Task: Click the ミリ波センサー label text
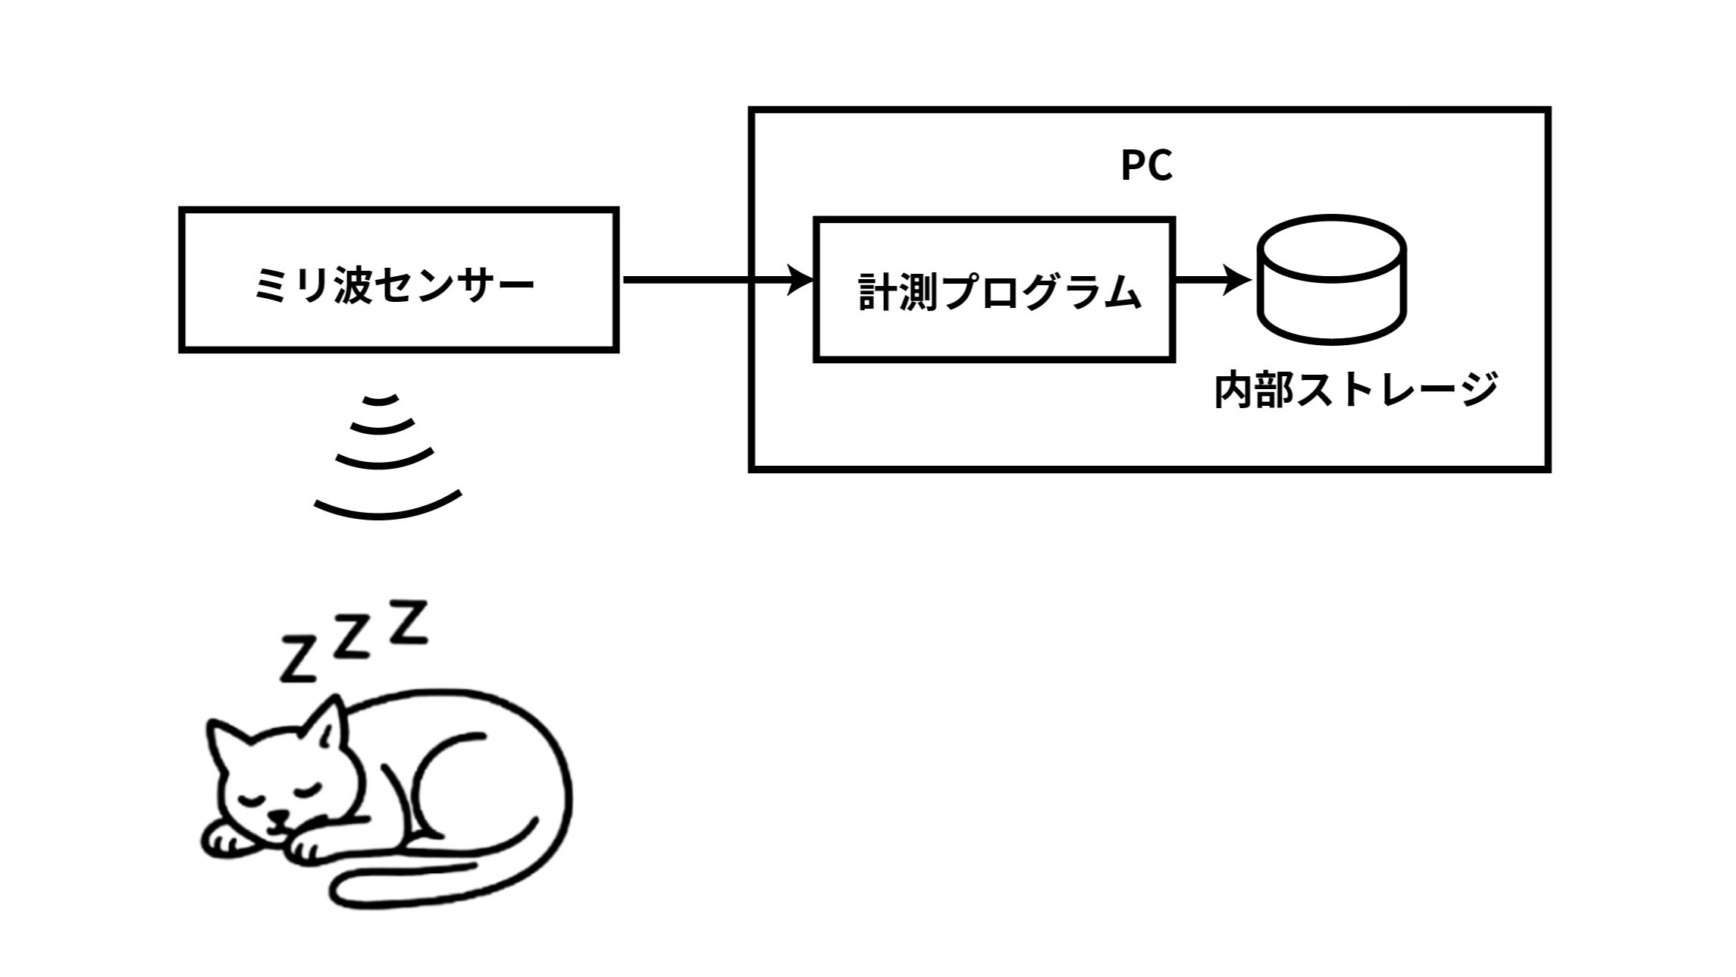394,286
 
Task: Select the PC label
1147,165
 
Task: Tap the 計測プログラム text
999,292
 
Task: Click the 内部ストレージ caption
1356,390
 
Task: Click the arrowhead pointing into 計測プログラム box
801,280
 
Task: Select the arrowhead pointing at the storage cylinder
1237,280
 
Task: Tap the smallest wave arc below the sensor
381,400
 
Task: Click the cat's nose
280,818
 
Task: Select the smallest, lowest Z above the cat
298,658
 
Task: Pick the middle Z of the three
351,638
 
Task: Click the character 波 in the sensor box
353,286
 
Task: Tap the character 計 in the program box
879,292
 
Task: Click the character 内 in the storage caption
1234,390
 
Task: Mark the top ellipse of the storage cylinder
1332,247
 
